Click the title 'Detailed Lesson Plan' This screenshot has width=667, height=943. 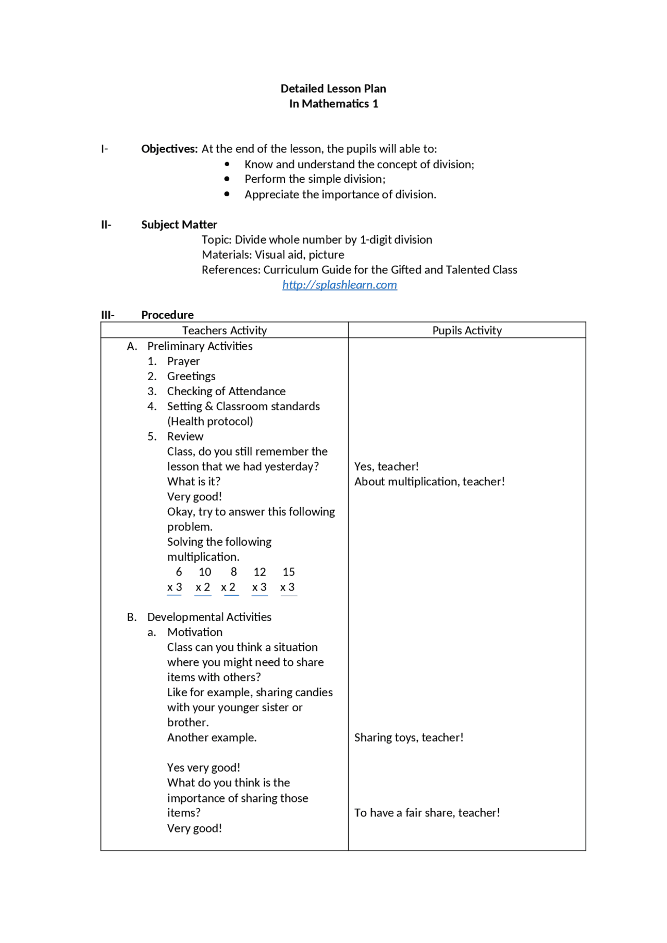coord(333,89)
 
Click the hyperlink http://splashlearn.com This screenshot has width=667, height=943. coord(339,285)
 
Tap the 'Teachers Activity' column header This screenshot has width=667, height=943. coord(224,330)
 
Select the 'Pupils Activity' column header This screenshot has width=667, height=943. coord(467,330)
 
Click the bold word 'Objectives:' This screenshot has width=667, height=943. coord(169,149)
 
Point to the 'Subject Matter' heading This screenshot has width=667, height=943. coord(179,224)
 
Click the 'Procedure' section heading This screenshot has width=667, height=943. coord(167,315)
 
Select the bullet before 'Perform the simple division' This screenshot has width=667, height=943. coord(227,179)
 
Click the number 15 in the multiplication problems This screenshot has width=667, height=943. coord(289,572)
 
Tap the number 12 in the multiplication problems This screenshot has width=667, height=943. coord(260,572)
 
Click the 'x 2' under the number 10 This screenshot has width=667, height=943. coord(203,587)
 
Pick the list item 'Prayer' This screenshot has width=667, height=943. coord(183,361)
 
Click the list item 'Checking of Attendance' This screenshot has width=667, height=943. coord(226,391)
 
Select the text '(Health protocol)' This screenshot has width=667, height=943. coord(210,421)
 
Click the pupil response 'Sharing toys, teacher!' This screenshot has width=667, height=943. coord(409,737)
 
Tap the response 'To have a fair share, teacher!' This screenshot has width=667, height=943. coord(427,813)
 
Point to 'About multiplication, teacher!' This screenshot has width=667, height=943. coord(429,482)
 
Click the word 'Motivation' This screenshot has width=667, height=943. coord(195,632)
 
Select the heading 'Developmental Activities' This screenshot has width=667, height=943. coord(209,617)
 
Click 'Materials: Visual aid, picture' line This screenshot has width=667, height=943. coord(273,255)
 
